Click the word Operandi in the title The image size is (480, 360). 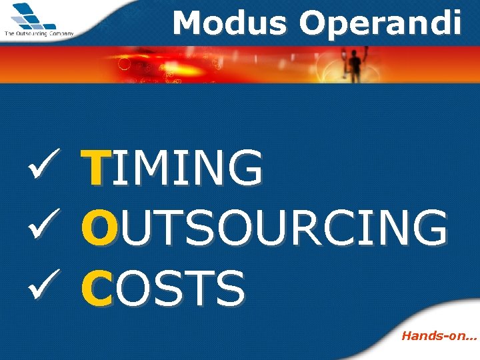pos(380,23)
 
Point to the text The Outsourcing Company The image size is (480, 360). pos(39,33)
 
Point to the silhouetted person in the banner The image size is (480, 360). pos(355,65)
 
